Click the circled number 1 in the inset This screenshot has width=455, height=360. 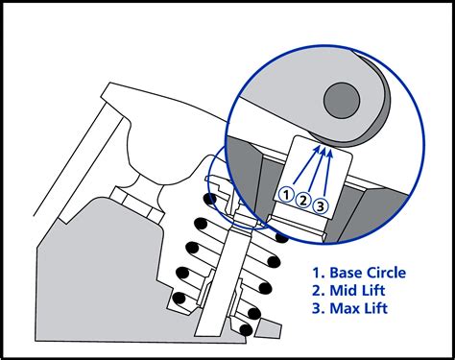tap(285, 195)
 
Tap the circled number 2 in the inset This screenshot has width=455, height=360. tap(303, 201)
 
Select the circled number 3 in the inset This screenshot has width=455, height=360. tap(322, 204)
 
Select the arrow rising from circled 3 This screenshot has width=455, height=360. tap(327, 178)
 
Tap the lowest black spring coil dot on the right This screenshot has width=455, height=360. tap(247, 329)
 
